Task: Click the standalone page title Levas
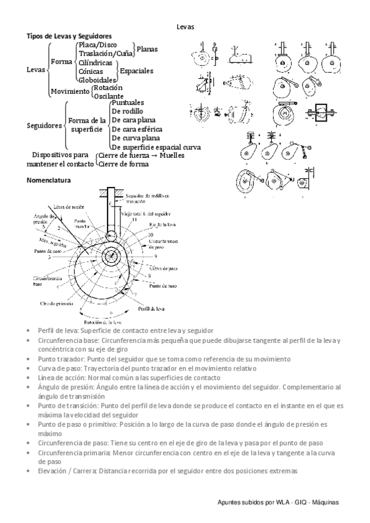pos(185,27)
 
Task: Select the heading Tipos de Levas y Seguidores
pos(69,36)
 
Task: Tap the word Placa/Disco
pos(97,45)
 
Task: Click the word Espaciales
pos(136,71)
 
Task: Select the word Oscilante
pos(109,96)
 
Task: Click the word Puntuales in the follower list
pos(128,102)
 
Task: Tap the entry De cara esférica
pos(137,129)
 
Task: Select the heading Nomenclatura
pos(49,181)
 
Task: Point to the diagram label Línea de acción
pos(68,207)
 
